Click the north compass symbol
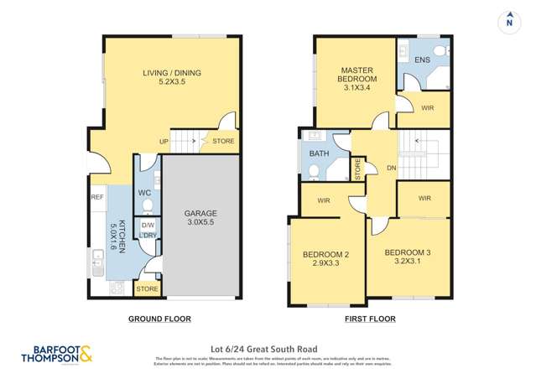click(x=508, y=23)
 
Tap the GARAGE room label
click(x=200, y=219)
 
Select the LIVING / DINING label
click(x=171, y=78)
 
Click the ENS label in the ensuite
click(x=422, y=60)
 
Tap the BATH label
click(x=319, y=154)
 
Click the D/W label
click(x=147, y=226)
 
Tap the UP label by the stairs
click(x=164, y=142)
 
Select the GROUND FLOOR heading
click(x=159, y=319)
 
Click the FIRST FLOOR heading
click(x=370, y=319)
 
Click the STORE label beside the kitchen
click(x=147, y=289)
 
